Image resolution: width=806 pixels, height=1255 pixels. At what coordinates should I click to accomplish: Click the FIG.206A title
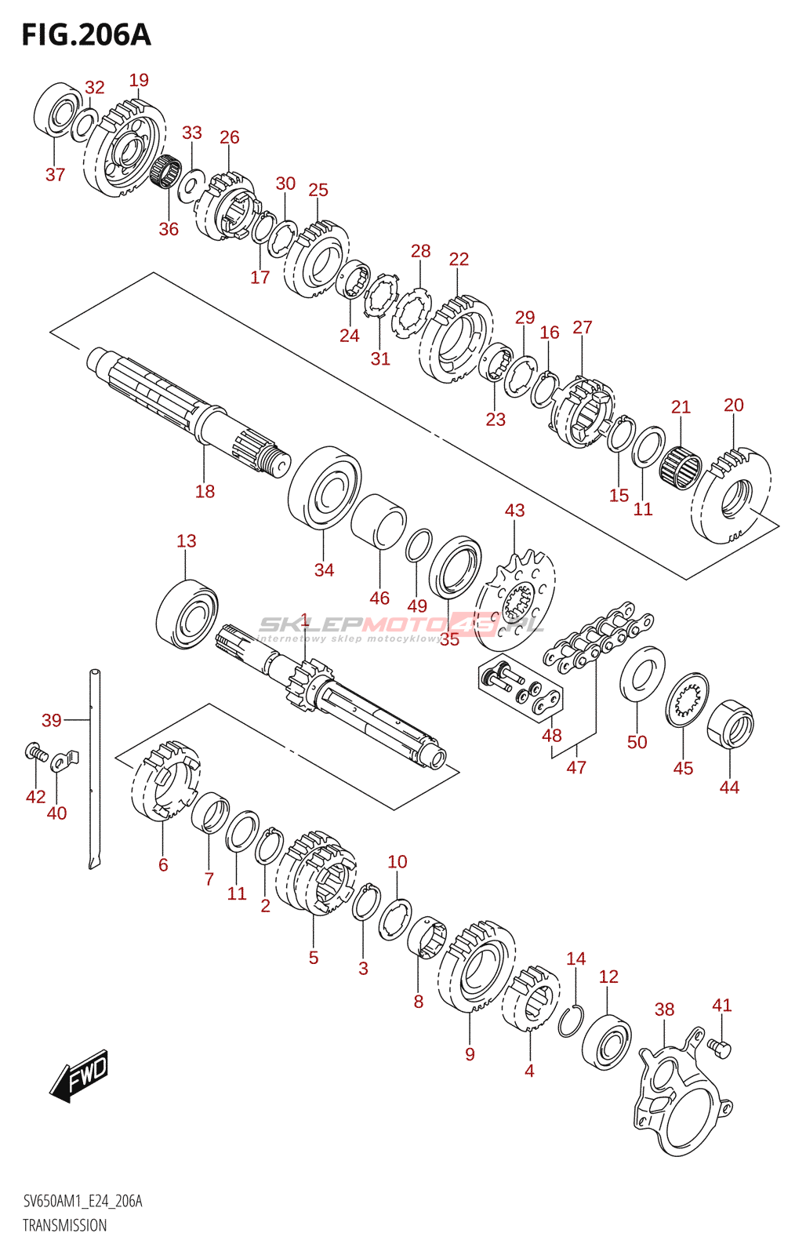[86, 35]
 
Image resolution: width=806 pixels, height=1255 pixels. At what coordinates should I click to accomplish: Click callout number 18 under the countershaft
[205, 491]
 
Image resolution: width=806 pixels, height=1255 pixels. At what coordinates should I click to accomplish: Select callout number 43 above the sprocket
[515, 511]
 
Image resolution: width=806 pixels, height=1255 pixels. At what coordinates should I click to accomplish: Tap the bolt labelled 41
[719, 1048]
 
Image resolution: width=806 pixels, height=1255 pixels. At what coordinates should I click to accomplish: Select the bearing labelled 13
[187, 614]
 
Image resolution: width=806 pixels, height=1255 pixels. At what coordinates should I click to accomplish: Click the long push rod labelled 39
[95, 769]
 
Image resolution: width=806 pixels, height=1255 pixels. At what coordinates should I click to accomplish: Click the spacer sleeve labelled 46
[379, 521]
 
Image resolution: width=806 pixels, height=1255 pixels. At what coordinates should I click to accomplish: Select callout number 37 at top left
[56, 175]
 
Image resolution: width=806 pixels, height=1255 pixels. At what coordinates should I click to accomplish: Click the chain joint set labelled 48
[521, 687]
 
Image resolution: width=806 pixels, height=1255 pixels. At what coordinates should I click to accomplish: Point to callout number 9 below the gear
[470, 1054]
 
